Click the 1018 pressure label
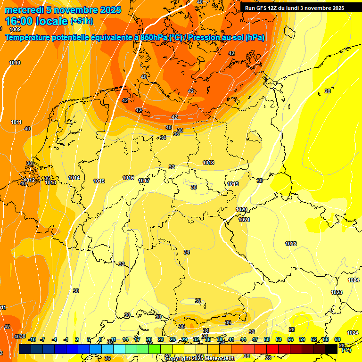[208, 163]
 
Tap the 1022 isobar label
[291, 244]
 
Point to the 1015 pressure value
[99, 181]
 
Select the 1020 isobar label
[241, 209]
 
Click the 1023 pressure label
[337, 293]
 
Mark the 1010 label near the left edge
[15, 63]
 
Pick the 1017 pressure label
[144, 181]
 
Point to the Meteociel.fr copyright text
[200, 359]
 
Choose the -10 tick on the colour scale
[32, 339]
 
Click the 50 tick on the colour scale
[267, 339]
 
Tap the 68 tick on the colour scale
[337, 339]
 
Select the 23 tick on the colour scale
[161, 339]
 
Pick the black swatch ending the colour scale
[331, 349]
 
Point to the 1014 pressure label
[74, 178]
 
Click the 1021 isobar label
[244, 220]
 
